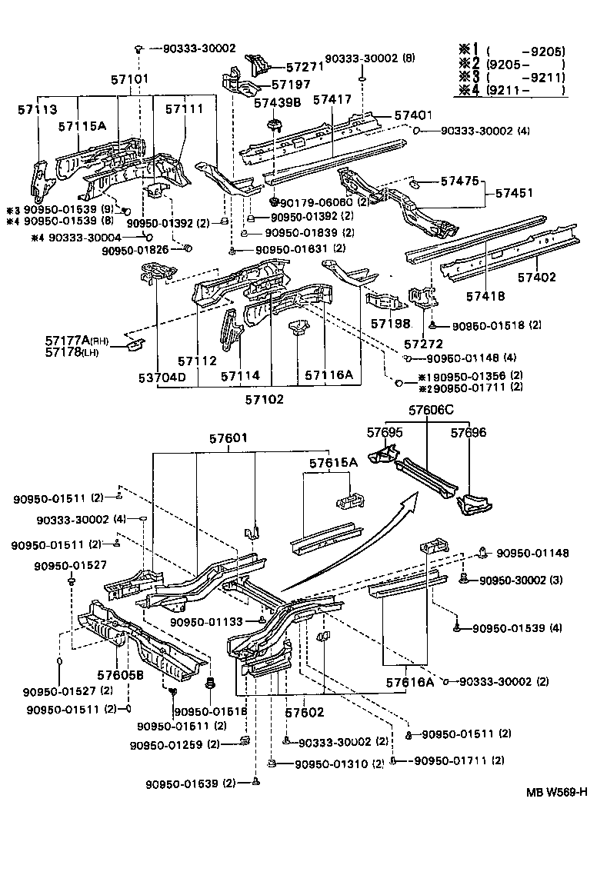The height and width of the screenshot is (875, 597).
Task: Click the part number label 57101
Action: [x=128, y=79]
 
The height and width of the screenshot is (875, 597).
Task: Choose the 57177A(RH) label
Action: [x=67, y=340]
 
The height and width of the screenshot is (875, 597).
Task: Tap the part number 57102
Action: [x=265, y=400]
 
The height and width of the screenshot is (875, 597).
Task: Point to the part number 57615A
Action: [x=334, y=463]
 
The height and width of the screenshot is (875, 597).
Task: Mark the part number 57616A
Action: [x=409, y=681]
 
